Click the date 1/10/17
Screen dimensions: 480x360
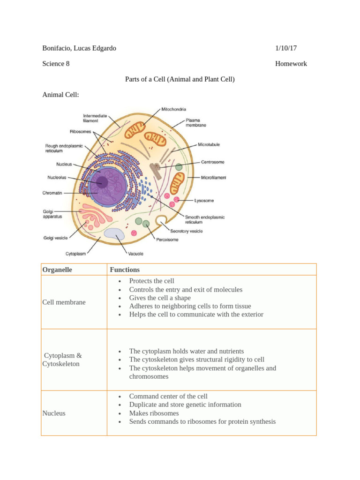(x=286, y=48)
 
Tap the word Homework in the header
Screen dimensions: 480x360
(x=291, y=64)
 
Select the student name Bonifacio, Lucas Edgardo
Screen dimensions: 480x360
(x=79, y=48)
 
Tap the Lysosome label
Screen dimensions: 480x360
(x=204, y=201)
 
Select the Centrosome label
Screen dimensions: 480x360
(x=212, y=162)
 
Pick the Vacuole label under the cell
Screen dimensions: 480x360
(x=135, y=254)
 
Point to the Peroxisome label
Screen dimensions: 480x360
(x=167, y=240)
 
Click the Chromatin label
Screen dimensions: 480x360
(x=52, y=192)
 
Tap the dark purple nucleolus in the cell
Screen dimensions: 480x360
(x=102, y=182)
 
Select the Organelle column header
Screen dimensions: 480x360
(x=57, y=270)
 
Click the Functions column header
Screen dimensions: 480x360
(x=125, y=270)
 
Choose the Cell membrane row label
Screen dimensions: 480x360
(x=64, y=302)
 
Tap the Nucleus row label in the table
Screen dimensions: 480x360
(x=54, y=413)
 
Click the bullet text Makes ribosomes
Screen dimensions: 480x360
(x=154, y=413)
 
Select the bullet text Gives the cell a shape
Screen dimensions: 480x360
(x=160, y=298)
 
